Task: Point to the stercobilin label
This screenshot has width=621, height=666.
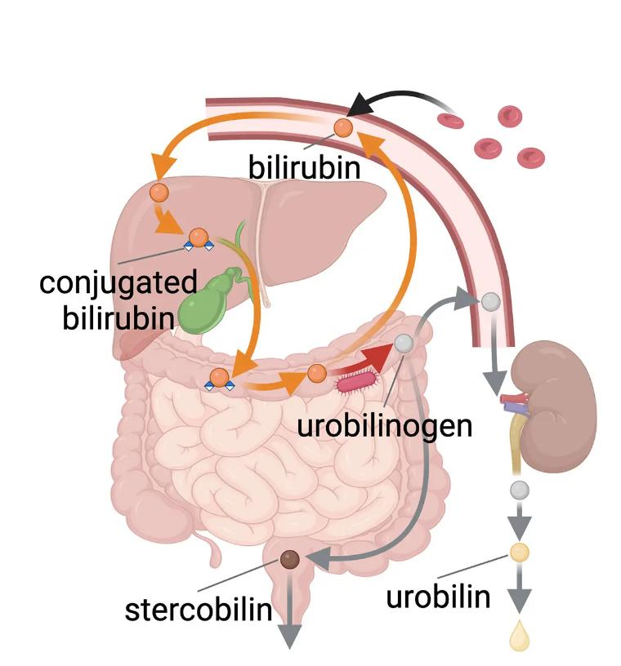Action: (x=199, y=609)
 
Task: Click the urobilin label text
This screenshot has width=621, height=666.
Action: (x=438, y=597)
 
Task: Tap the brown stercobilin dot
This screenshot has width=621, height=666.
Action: (x=290, y=559)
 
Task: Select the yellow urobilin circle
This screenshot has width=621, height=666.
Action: (x=519, y=552)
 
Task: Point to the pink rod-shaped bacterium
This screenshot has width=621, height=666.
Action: (x=359, y=380)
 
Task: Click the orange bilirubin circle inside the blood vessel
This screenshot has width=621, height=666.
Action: (x=343, y=127)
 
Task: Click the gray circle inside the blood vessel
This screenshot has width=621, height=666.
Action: (x=490, y=301)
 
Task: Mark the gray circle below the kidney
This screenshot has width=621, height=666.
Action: (x=519, y=490)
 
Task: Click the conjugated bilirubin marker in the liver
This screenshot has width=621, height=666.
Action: (x=198, y=239)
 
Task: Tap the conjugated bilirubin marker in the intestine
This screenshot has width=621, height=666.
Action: (x=220, y=378)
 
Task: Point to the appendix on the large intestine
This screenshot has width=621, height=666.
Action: (x=216, y=554)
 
